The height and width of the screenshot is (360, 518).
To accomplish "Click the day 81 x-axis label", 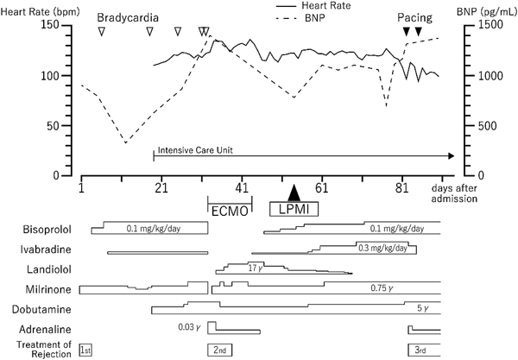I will click(x=403, y=186).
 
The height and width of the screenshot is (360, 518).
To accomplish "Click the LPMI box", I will click(x=294, y=210).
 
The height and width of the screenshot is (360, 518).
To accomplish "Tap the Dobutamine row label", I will click(x=43, y=308).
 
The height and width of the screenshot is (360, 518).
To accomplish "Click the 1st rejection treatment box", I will click(x=85, y=349).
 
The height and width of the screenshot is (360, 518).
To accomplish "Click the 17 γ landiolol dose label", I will click(x=254, y=268).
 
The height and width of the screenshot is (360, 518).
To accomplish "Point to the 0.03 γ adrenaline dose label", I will click(x=187, y=326).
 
